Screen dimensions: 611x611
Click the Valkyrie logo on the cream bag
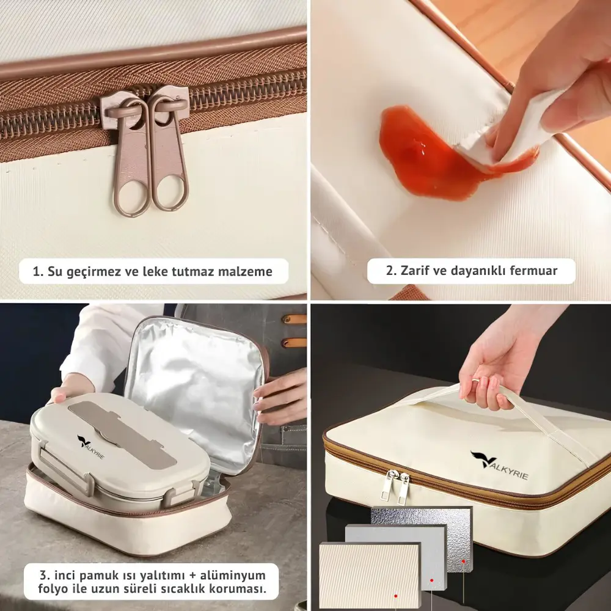[x=499, y=465]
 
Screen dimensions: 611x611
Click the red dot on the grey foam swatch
[x=432, y=580]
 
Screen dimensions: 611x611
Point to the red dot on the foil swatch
[x=464, y=562]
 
